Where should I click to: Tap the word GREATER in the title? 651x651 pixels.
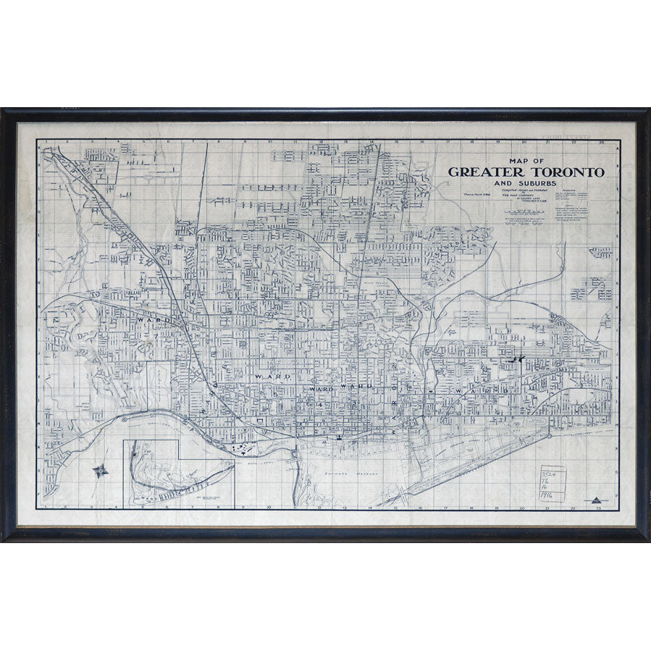click(487, 172)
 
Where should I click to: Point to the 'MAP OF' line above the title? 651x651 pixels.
click(526, 161)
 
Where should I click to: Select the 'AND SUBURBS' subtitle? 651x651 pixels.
click(526, 184)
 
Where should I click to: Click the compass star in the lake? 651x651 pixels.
click(101, 471)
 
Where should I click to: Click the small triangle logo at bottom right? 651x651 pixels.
click(596, 499)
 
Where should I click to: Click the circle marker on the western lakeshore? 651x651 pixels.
click(125, 420)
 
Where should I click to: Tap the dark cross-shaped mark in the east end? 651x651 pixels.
click(516, 358)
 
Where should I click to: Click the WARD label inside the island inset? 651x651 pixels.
click(148, 499)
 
